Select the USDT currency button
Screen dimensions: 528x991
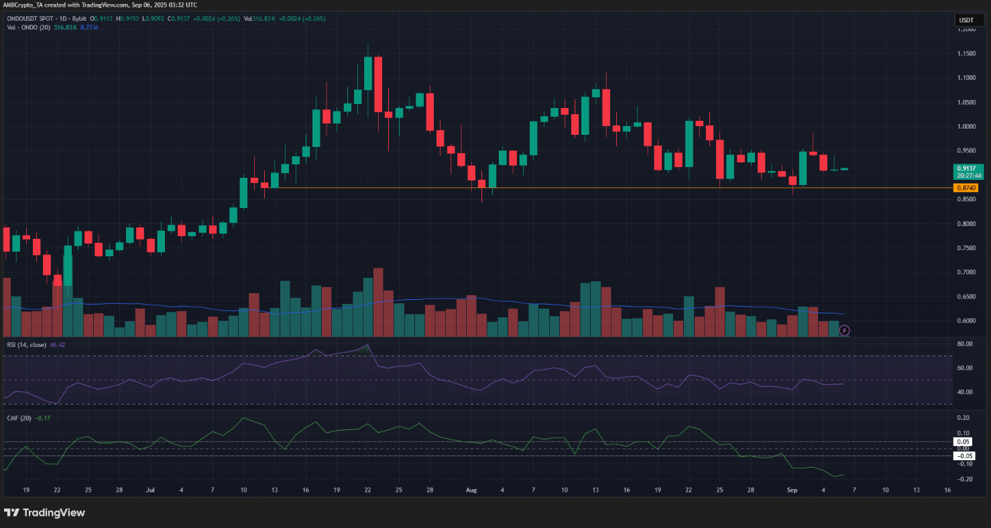[x=966, y=20]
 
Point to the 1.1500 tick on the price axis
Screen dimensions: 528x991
[x=966, y=54]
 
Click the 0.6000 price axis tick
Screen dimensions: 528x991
[x=966, y=321]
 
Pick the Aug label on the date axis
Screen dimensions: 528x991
[x=469, y=490]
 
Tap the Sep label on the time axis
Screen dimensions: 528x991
[x=791, y=490]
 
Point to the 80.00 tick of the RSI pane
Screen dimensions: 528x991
[x=966, y=344]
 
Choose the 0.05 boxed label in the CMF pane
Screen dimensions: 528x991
[x=964, y=442]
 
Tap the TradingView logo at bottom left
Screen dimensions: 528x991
[x=45, y=513]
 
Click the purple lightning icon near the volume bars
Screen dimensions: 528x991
[x=845, y=330]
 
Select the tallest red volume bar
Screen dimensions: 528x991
[x=378, y=302]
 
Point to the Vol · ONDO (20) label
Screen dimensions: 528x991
[x=25, y=27]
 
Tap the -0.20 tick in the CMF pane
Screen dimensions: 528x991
[x=966, y=479]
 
